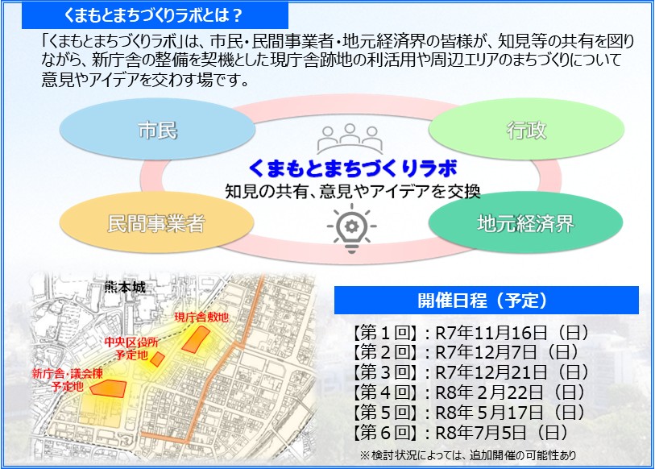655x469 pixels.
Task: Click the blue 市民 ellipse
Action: tap(157, 129)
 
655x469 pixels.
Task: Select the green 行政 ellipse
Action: tap(524, 129)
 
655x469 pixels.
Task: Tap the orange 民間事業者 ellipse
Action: tap(156, 223)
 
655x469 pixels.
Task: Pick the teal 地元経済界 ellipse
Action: tap(524, 223)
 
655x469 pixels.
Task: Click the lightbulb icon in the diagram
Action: tap(351, 227)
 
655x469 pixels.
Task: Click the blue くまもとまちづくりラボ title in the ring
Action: tap(353, 168)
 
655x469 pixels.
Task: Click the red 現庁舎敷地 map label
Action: tap(201, 318)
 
